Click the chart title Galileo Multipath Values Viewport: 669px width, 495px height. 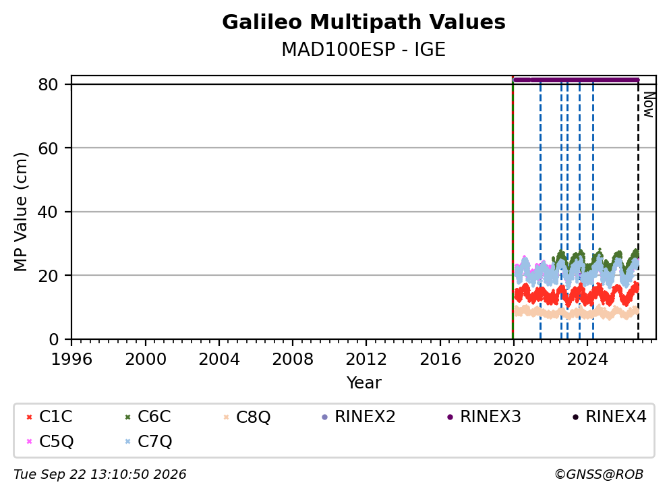(x=363, y=22)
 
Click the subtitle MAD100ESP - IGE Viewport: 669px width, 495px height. (x=363, y=49)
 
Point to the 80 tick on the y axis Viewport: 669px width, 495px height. (x=48, y=84)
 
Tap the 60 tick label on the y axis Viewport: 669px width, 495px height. (x=48, y=148)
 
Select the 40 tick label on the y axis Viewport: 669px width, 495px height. (x=48, y=212)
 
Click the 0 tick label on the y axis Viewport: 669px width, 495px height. (x=53, y=339)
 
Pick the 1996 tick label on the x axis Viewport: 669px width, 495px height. (x=71, y=359)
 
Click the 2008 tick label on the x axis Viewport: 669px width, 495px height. (x=293, y=359)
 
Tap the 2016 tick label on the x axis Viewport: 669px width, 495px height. (x=440, y=359)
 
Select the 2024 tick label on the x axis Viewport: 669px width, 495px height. (x=587, y=359)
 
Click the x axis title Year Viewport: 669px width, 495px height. (x=363, y=383)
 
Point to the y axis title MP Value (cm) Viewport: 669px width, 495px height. (x=20, y=212)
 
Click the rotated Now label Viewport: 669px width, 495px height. (x=649, y=105)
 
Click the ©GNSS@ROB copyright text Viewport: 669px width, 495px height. (x=599, y=474)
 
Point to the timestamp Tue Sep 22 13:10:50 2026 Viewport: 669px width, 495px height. (x=100, y=474)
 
